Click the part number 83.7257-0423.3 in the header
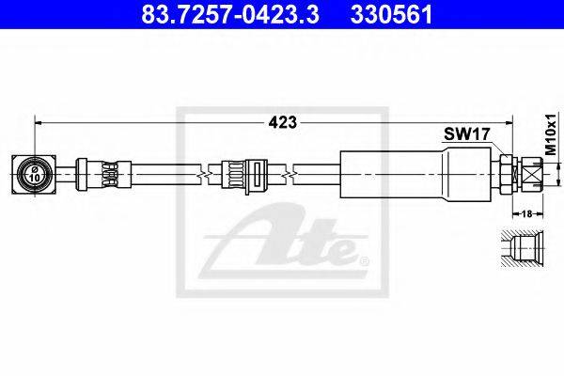(x=230, y=15)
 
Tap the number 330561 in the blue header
(x=391, y=15)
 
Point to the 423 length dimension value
(x=283, y=123)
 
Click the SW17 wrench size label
(x=466, y=134)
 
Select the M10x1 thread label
(x=550, y=133)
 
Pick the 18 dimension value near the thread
(x=526, y=214)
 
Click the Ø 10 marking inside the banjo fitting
(x=35, y=174)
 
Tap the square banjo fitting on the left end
(x=34, y=175)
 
